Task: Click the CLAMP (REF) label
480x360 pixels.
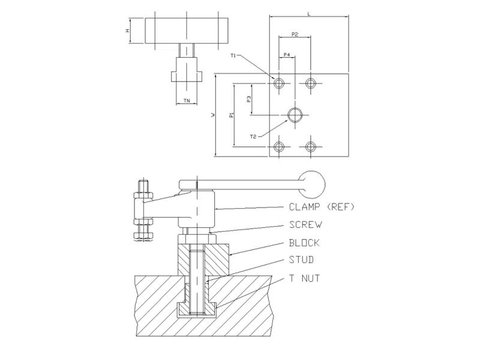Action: pyautogui.click(x=322, y=207)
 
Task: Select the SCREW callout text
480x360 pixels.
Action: pyautogui.click(x=305, y=224)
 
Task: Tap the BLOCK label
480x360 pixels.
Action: pyautogui.click(x=304, y=243)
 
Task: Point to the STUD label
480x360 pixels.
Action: pyautogui.click(x=302, y=260)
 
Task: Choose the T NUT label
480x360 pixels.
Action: pyautogui.click(x=305, y=278)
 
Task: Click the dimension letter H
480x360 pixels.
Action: pyautogui.click(x=127, y=31)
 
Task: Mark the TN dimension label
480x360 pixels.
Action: pyautogui.click(x=187, y=100)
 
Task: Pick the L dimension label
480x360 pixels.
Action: pyautogui.click(x=309, y=14)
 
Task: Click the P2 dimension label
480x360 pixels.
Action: pyautogui.click(x=295, y=34)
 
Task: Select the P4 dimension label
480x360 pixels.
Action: pyautogui.click(x=287, y=55)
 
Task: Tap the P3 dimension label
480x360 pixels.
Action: pyautogui.click(x=249, y=99)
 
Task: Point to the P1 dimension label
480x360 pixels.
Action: pyautogui.click(x=232, y=115)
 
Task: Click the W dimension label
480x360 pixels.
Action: pyautogui.click(x=214, y=115)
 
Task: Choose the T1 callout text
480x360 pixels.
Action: pyautogui.click(x=233, y=56)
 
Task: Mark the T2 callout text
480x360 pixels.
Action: pyautogui.click(x=253, y=137)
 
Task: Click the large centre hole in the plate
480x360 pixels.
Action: pyautogui.click(x=295, y=115)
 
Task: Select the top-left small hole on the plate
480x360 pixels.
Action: pyautogui.click(x=278, y=83)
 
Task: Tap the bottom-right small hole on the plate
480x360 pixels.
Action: pyautogui.click(x=311, y=147)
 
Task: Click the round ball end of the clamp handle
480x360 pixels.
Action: pyautogui.click(x=312, y=184)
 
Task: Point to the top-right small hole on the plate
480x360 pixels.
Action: pyautogui.click(x=311, y=83)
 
